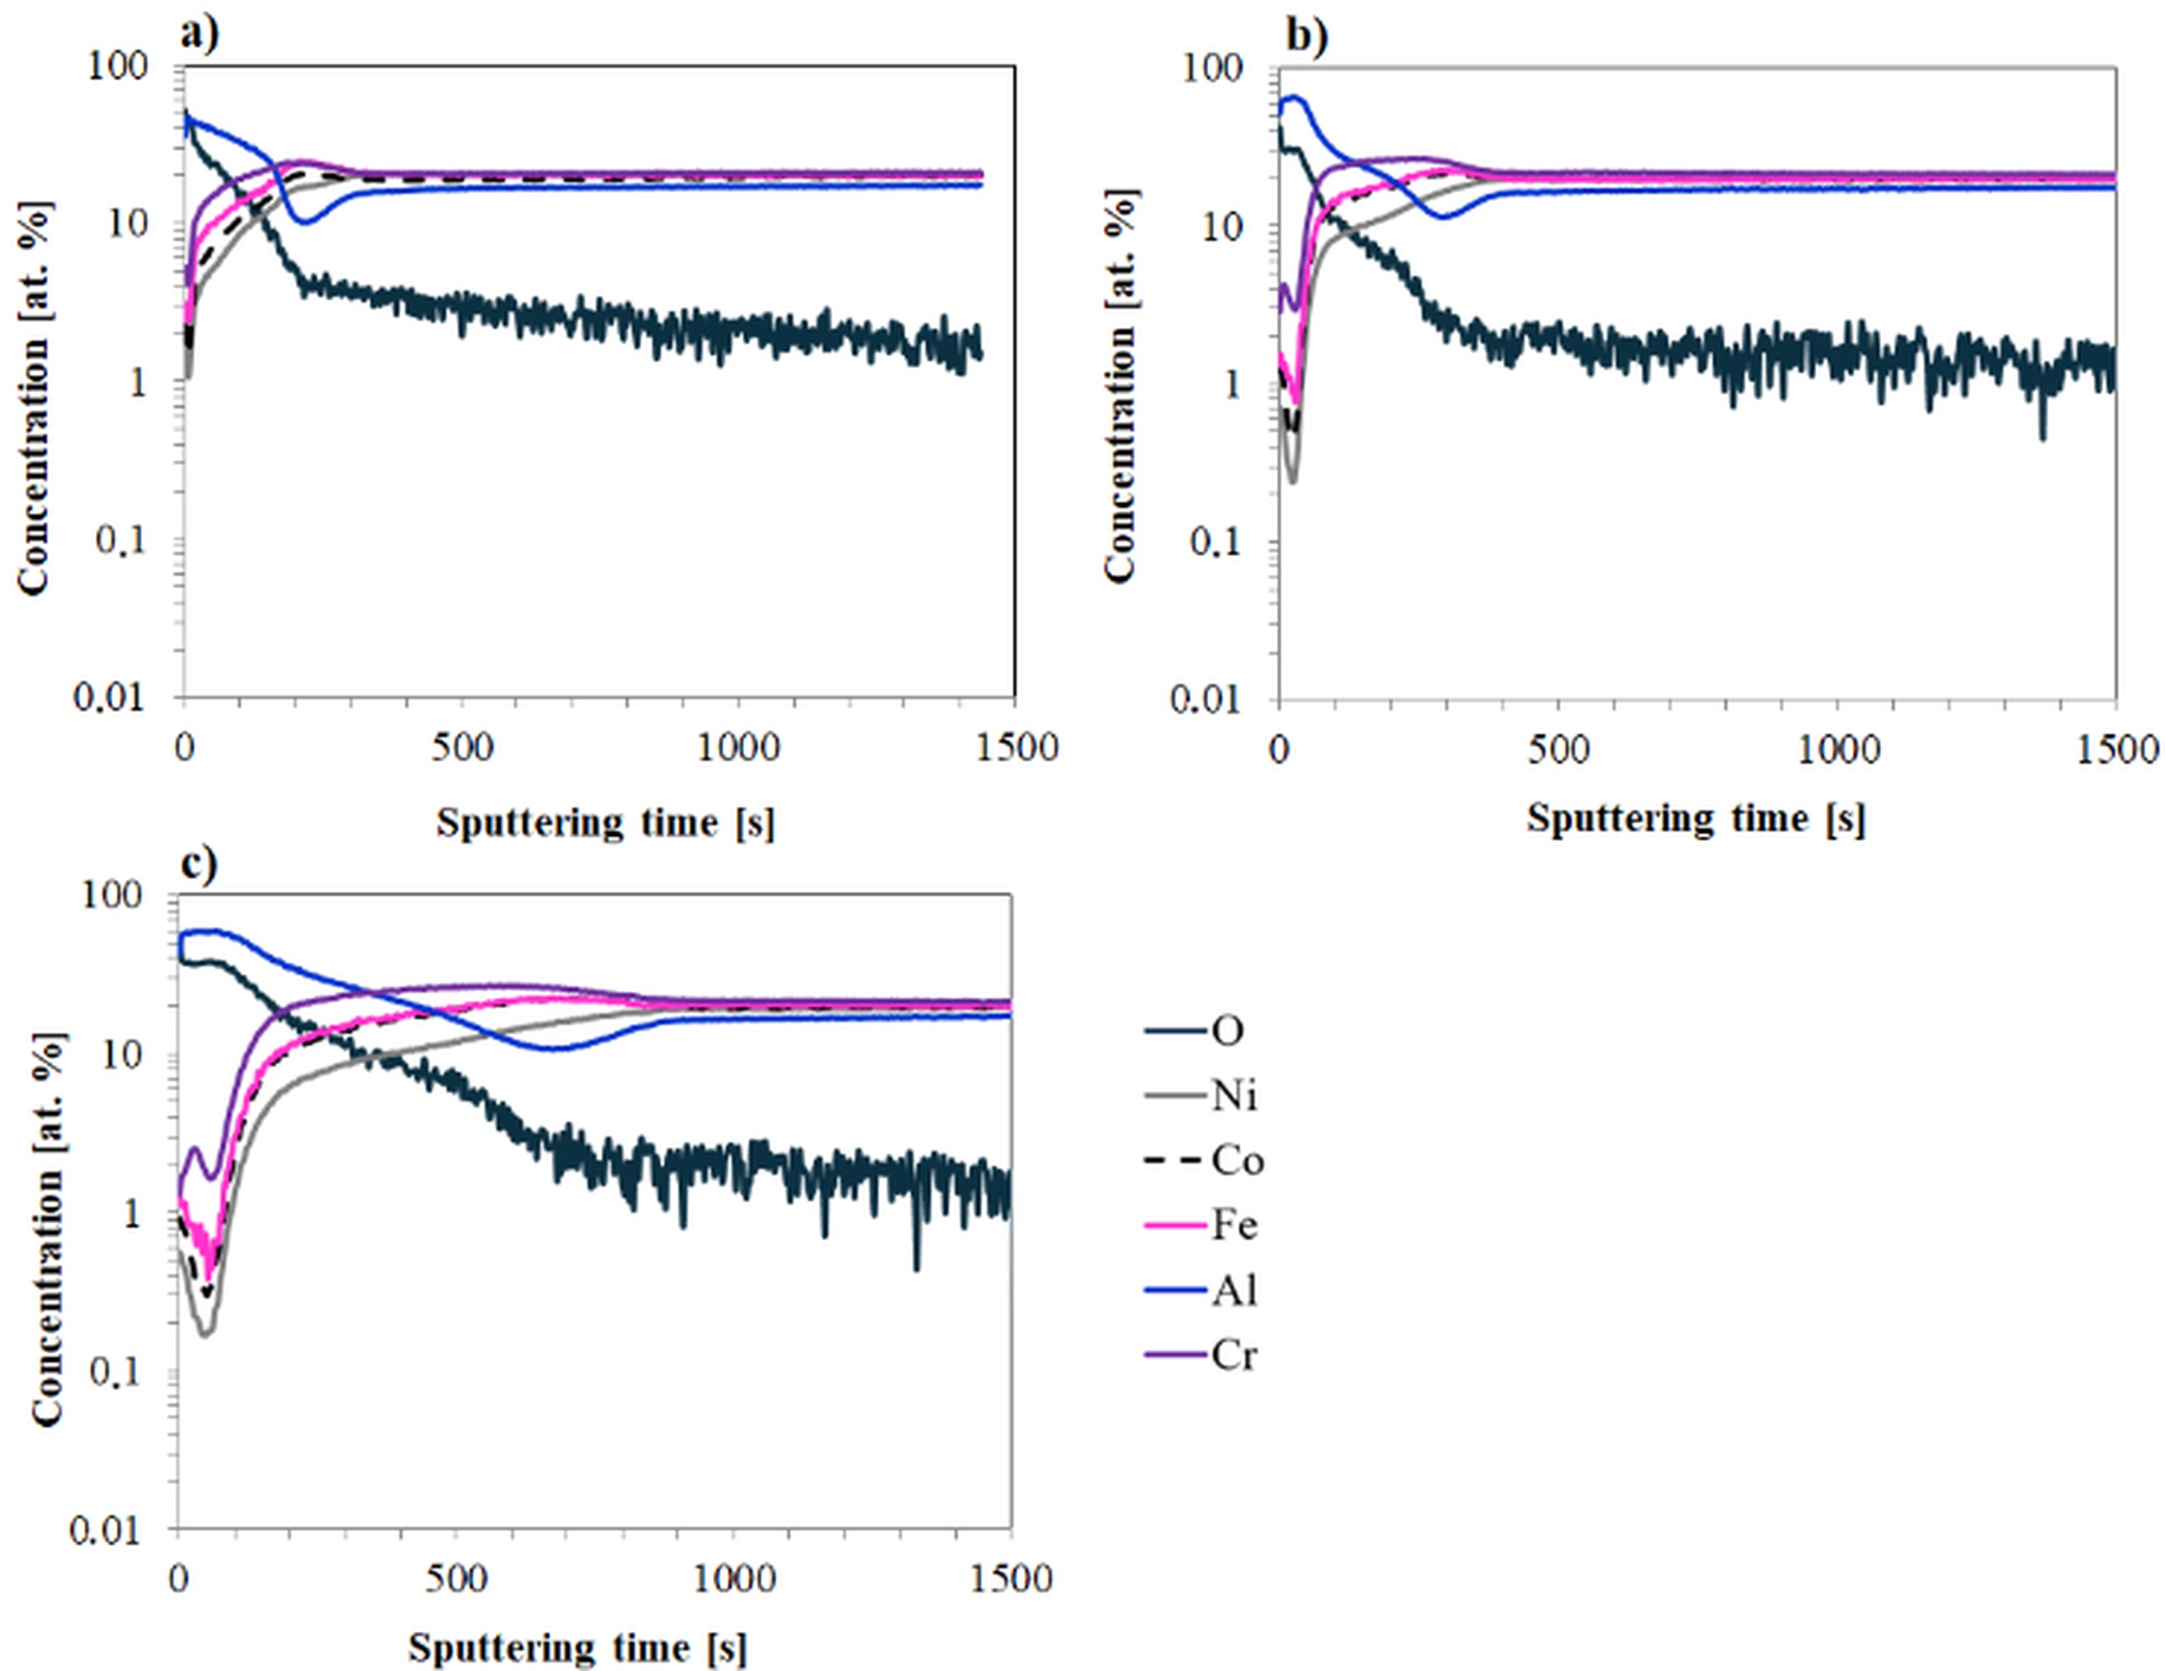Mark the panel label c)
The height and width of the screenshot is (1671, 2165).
click(199, 864)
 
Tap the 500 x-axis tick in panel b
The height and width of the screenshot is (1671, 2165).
click(1558, 749)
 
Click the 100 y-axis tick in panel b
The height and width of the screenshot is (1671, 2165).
click(1212, 67)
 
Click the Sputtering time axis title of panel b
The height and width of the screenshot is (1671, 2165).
click(1695, 818)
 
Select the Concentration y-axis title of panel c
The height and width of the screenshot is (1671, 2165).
click(47, 1229)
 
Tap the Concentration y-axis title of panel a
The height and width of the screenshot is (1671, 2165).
click(32, 399)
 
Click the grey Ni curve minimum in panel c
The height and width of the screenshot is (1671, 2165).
click(205, 1333)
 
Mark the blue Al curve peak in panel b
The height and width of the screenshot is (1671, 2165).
click(1292, 97)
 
